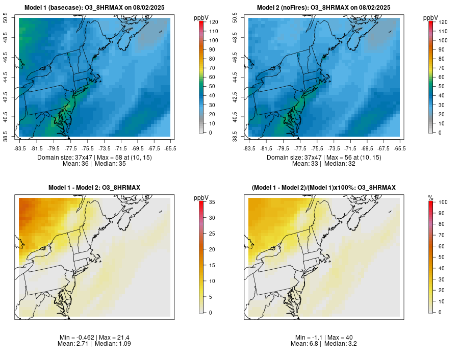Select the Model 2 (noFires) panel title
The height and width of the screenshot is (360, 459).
coord(324,8)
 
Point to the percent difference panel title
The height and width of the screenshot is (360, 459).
coord(324,188)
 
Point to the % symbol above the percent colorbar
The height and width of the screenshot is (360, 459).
coord(430,197)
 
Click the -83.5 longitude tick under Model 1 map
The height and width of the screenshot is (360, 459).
coord(19,148)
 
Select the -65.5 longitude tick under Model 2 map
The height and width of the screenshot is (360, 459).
coord(400,148)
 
